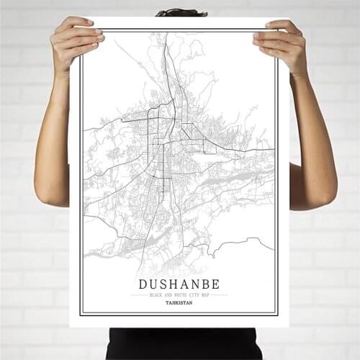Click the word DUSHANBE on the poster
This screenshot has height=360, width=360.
pos(179,283)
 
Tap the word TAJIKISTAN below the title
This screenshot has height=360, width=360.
pos(179,302)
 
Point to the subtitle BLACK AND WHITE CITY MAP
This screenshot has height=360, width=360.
pos(179,294)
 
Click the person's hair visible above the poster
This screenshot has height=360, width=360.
pos(181,12)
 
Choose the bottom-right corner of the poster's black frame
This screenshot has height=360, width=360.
pos(277,315)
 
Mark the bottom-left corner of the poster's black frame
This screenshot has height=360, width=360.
pos(80,315)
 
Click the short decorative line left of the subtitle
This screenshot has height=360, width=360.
pos(139,294)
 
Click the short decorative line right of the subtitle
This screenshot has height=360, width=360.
pos(220,294)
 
